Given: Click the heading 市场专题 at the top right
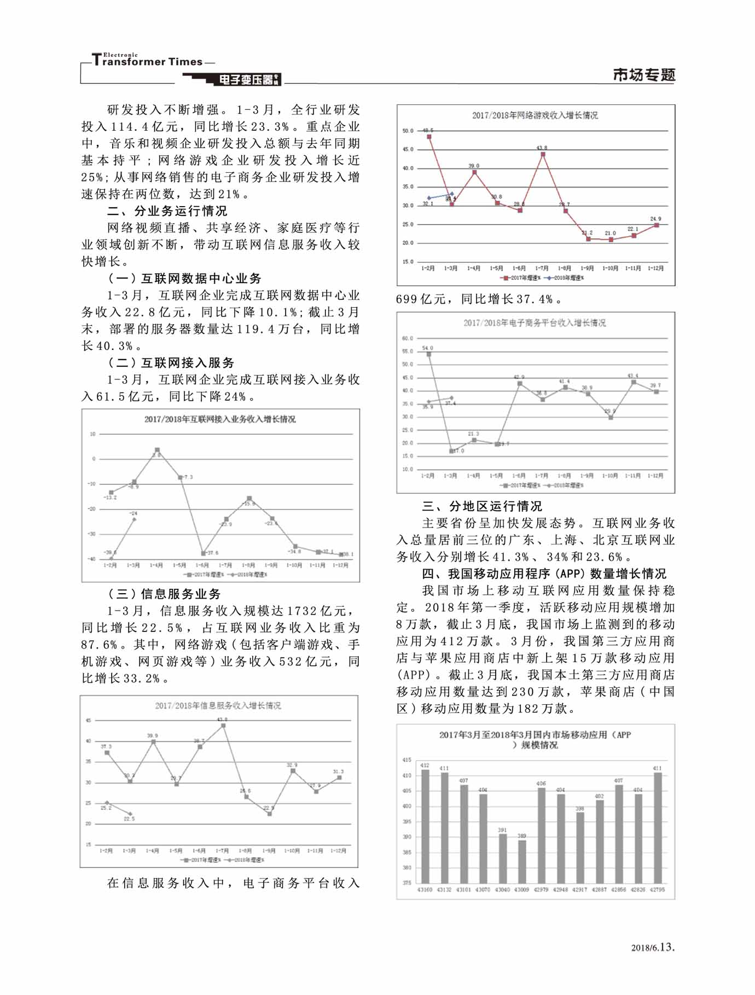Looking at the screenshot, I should pyautogui.click(x=644, y=75).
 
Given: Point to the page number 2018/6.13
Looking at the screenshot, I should pyautogui.click(x=653, y=947).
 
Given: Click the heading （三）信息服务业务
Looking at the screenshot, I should pyautogui.click(x=165, y=594).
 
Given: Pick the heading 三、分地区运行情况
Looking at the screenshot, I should pyautogui.click(x=482, y=506).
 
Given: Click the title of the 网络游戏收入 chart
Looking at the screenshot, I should pyautogui.click(x=535, y=115).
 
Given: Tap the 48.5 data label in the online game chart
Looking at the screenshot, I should pyautogui.click(x=428, y=130).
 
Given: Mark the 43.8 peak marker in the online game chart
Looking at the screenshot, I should pyautogui.click(x=542, y=154).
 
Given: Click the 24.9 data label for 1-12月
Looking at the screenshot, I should pyautogui.click(x=655, y=219).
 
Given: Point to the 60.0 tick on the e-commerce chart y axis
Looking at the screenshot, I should pyautogui.click(x=408, y=338).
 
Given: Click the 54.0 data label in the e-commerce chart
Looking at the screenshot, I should pyautogui.click(x=428, y=348).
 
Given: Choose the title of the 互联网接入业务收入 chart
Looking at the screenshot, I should pyautogui.click(x=220, y=419).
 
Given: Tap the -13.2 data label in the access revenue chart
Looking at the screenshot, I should pyautogui.click(x=111, y=497).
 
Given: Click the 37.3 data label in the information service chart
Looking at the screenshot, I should pyautogui.click(x=106, y=746).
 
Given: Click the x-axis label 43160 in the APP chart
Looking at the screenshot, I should pyautogui.click(x=425, y=889).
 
